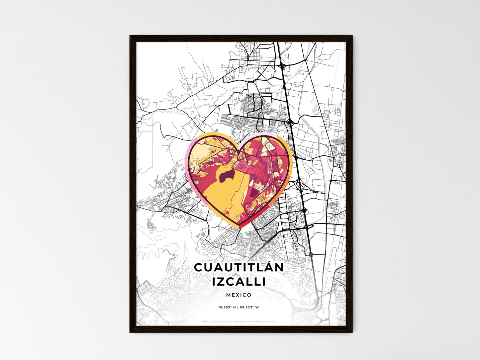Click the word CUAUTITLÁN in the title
click(239, 267)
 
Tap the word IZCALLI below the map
click(239, 282)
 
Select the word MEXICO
click(239, 295)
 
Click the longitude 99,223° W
click(250, 307)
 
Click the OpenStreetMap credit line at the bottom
click(239, 321)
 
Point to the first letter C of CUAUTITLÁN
click(198, 267)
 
